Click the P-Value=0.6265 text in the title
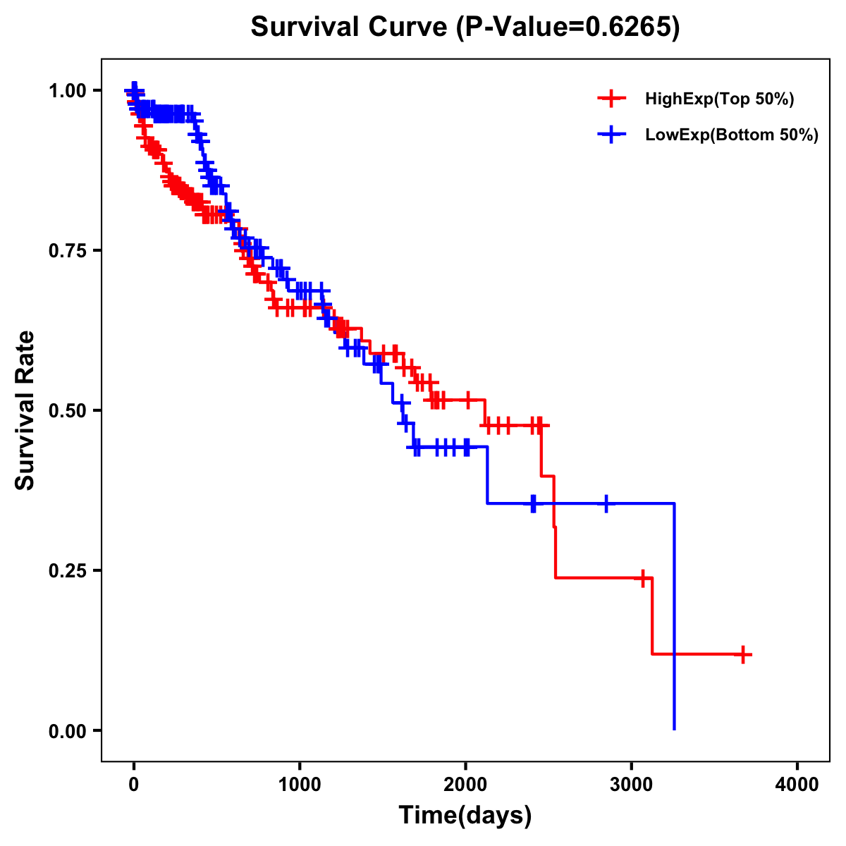click(568, 27)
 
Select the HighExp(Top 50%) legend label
click(719, 99)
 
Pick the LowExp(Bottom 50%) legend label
click(732, 135)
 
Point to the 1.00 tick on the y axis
click(68, 91)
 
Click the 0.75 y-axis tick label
click(68, 251)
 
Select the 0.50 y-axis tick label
click(68, 411)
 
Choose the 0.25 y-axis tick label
click(68, 571)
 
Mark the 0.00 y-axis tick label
click(68, 731)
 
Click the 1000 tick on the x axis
click(300, 785)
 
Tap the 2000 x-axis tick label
click(465, 785)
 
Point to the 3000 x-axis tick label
click(632, 785)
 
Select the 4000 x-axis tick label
click(797, 785)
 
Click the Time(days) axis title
click(465, 816)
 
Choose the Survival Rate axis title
click(25, 410)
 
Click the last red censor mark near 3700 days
click(742, 654)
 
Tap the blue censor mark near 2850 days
click(606, 503)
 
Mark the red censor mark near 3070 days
click(642, 578)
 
